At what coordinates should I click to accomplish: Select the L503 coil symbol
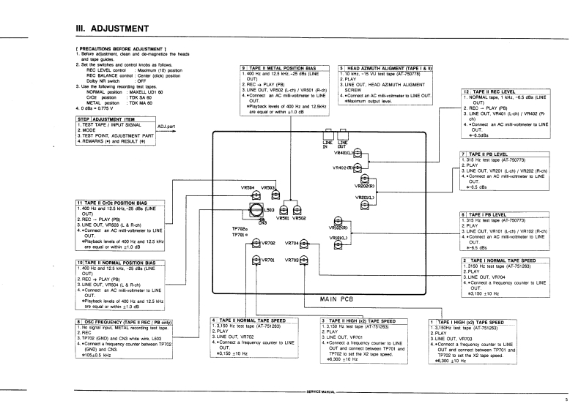tap(259, 210)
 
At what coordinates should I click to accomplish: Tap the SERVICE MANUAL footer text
tap(320, 393)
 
